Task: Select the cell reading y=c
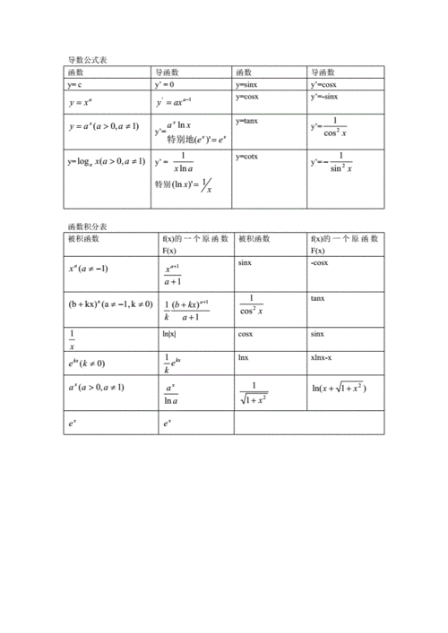[x=76, y=84]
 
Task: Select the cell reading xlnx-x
[x=324, y=356]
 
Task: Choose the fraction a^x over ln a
[x=171, y=393]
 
